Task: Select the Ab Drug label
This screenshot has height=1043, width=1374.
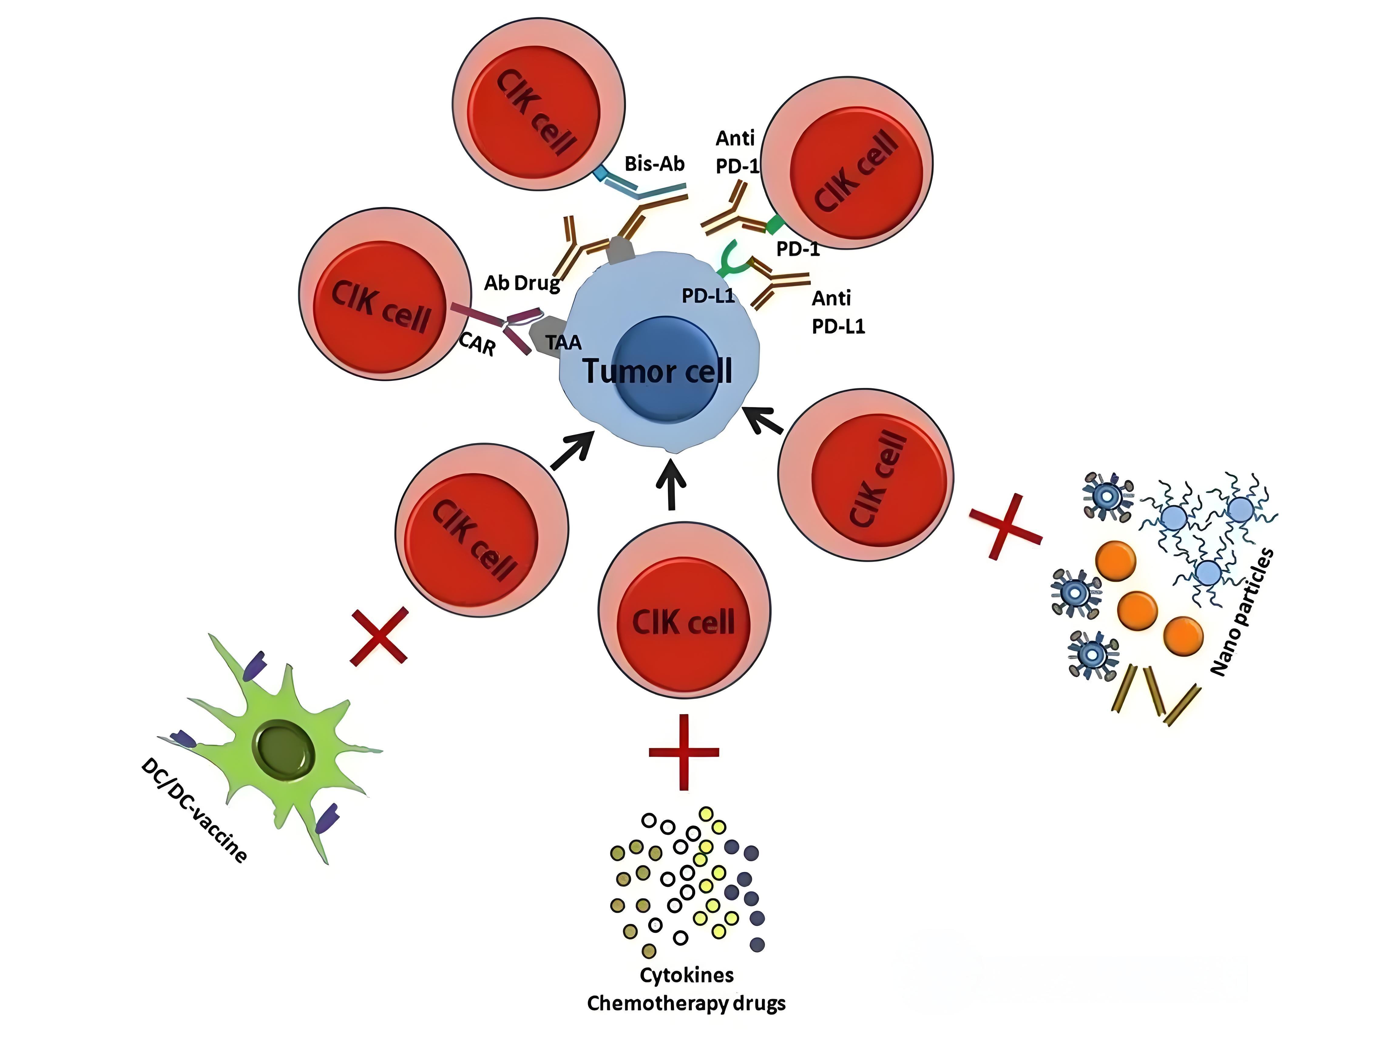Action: click(x=522, y=283)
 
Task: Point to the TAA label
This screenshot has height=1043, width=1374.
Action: click(x=563, y=342)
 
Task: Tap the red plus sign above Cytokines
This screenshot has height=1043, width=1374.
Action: click(x=683, y=752)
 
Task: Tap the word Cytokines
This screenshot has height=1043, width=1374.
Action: click(x=686, y=975)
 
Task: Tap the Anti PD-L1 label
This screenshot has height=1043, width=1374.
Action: click(x=837, y=312)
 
